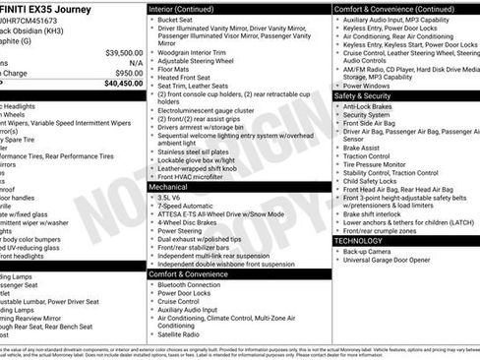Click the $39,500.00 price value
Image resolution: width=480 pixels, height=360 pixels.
tap(123, 52)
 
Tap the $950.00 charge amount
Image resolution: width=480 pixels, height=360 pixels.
tap(128, 73)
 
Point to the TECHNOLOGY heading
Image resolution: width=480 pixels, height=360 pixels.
tap(358, 240)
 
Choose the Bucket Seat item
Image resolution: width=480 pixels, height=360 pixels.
tap(174, 20)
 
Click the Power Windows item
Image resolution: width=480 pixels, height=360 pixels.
tap(370, 85)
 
